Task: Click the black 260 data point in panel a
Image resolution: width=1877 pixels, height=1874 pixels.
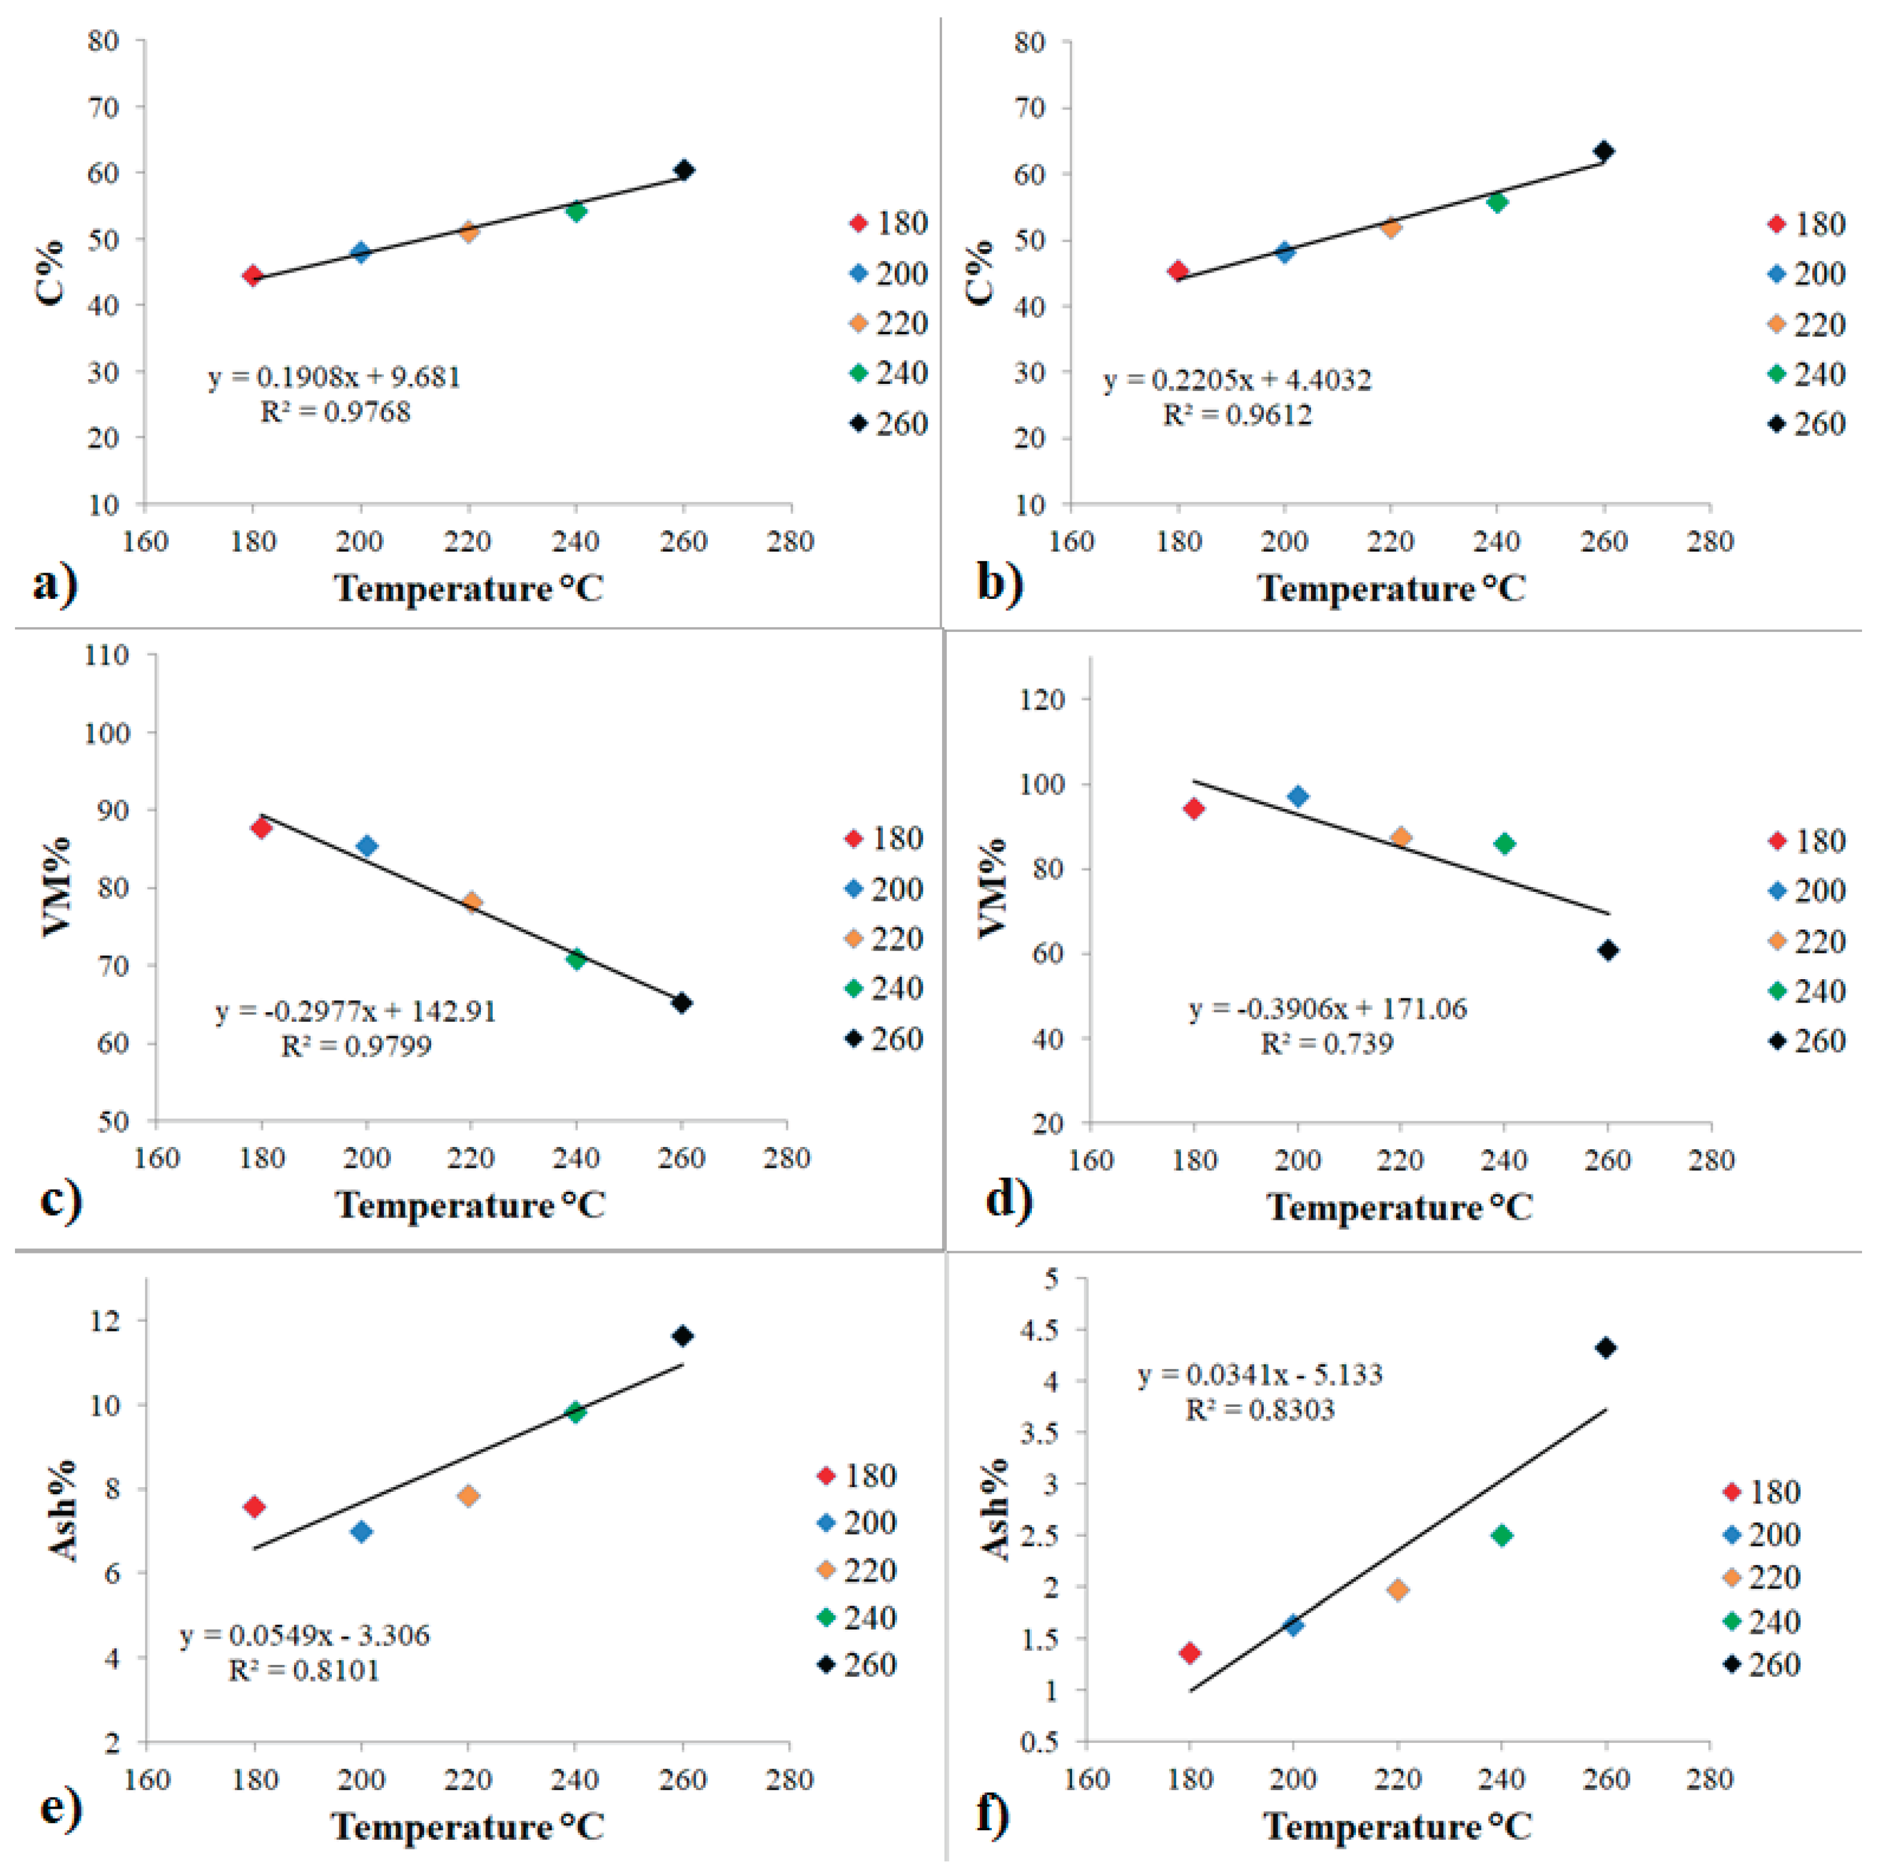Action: tap(684, 170)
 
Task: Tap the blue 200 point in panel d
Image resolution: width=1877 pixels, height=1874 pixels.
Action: tap(1298, 797)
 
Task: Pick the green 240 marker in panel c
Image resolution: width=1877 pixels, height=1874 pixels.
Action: tap(576, 959)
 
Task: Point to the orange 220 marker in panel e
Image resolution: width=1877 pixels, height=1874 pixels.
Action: tap(468, 1496)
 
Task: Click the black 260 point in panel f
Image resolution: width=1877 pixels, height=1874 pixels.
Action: tap(1606, 1348)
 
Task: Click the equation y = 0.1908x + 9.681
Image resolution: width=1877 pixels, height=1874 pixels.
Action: tap(334, 377)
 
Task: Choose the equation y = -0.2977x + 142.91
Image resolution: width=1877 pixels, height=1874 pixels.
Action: tap(356, 1012)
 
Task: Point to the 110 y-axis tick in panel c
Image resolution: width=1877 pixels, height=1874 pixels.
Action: tap(107, 655)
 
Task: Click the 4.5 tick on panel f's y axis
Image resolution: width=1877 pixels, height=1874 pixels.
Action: tap(1040, 1330)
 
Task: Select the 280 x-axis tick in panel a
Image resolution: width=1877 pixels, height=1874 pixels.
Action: tap(790, 541)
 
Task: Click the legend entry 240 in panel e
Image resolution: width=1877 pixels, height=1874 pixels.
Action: tap(857, 1618)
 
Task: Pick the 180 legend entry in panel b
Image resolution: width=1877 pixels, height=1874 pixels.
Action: tap(1806, 225)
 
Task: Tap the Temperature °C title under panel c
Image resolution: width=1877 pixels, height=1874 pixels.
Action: tap(470, 1206)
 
